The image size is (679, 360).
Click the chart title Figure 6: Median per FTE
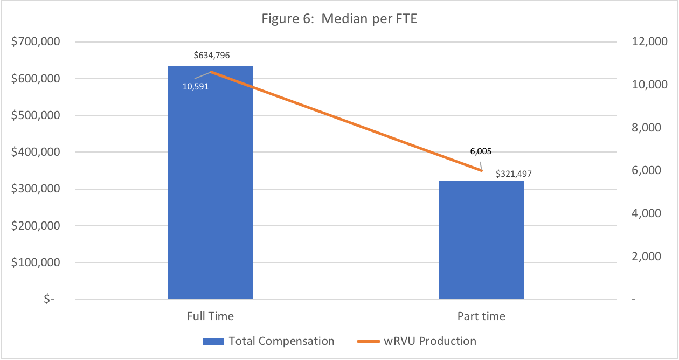tap(339, 19)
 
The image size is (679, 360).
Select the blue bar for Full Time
tap(211, 182)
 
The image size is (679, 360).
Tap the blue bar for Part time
tap(482, 240)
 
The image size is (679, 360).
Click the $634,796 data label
tap(212, 55)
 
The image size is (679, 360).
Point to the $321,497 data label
tap(514, 174)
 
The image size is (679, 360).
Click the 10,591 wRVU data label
tap(196, 87)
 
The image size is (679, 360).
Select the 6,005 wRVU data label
tap(481, 151)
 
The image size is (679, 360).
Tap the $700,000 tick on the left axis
tap(36, 41)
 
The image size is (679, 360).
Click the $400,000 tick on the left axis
tap(36, 152)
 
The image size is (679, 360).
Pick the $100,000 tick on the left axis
tap(36, 262)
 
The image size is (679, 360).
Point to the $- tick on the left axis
tap(49, 299)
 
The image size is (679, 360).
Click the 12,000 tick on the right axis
tap(649, 41)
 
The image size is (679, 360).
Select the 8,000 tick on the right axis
tap(646, 128)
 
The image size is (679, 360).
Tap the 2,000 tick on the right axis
tap(646, 257)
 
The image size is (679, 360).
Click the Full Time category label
tap(210, 316)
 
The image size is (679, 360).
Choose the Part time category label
tap(481, 316)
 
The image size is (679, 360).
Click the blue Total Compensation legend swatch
tap(214, 342)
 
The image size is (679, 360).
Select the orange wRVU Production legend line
tap(369, 342)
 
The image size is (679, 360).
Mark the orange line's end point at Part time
tap(482, 171)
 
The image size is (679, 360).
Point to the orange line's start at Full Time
tap(211, 72)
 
